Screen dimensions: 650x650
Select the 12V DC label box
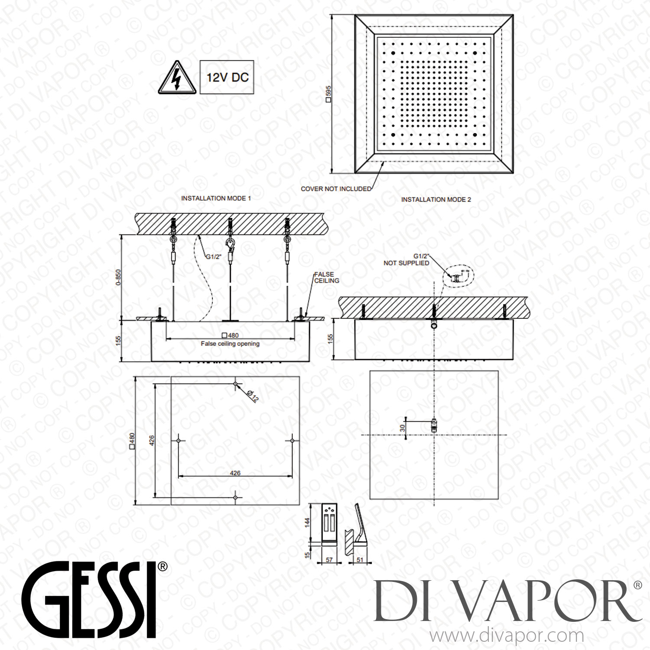(x=227, y=78)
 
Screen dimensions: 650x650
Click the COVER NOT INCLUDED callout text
(x=336, y=189)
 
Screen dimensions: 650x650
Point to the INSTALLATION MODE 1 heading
(x=216, y=198)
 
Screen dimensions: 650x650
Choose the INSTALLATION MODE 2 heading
(x=435, y=199)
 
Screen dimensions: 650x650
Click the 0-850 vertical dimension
(x=118, y=277)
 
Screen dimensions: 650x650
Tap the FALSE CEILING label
(x=326, y=277)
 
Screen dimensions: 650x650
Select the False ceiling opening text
(x=230, y=344)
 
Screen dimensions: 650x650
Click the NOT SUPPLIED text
(x=406, y=263)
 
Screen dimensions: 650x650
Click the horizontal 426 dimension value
(x=235, y=473)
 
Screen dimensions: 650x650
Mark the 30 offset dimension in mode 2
(x=403, y=428)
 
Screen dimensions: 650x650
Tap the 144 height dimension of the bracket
(x=308, y=522)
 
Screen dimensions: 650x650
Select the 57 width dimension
(x=329, y=560)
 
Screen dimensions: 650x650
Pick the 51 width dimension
(x=360, y=560)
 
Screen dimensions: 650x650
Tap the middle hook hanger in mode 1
(x=230, y=245)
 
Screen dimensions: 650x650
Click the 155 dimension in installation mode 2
(x=330, y=338)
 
